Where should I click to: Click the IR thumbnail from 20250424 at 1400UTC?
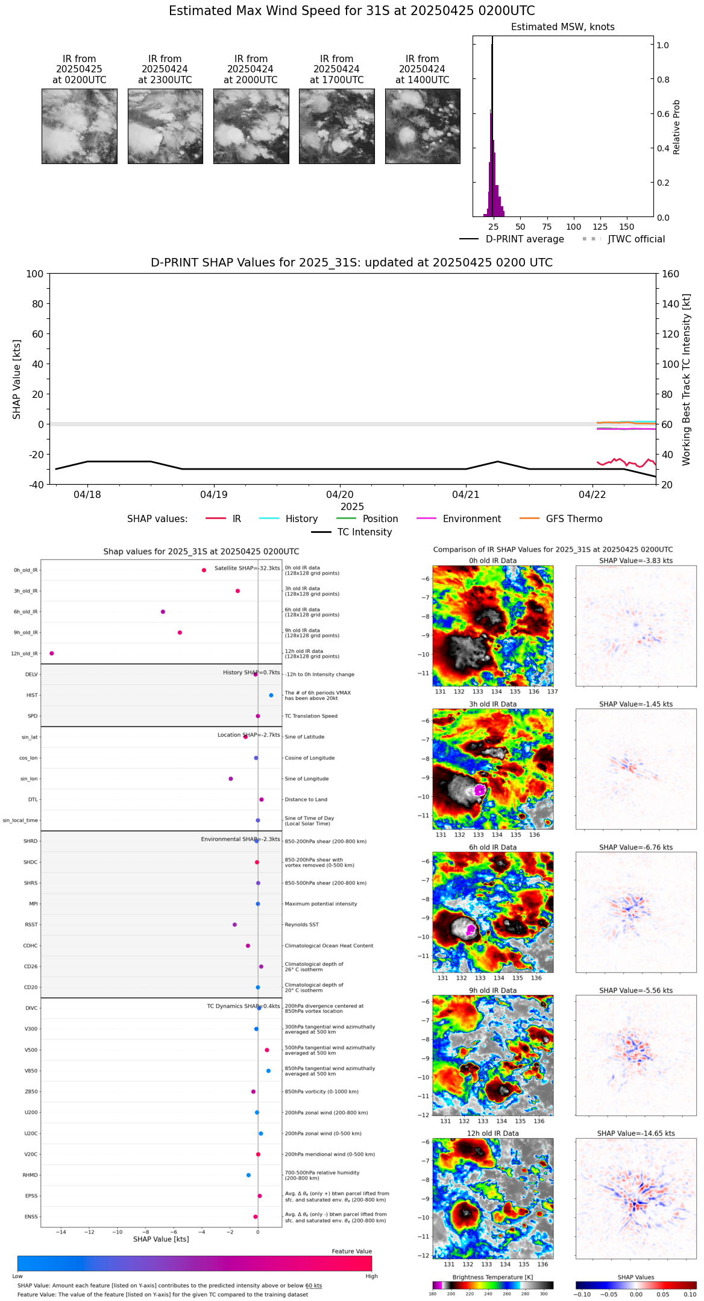(x=423, y=126)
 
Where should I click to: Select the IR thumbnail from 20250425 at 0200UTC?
(x=79, y=126)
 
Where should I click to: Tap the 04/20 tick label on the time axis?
(x=339, y=495)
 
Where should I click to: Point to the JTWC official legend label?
(x=636, y=239)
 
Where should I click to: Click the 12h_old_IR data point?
(x=52, y=654)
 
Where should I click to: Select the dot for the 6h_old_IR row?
(x=163, y=612)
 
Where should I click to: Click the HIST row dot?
(x=271, y=696)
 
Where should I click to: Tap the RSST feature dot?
(x=234, y=925)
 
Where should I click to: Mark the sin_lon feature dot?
(x=231, y=779)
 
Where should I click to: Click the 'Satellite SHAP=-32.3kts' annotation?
(x=247, y=569)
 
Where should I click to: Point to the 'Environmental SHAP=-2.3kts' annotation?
(x=240, y=839)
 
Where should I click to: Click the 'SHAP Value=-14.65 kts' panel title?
(x=636, y=1133)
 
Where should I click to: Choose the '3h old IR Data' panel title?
(x=492, y=704)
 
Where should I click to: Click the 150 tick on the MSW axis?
(x=627, y=227)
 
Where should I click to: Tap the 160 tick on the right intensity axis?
(x=670, y=274)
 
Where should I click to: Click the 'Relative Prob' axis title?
(x=677, y=127)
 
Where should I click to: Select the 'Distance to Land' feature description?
(x=306, y=800)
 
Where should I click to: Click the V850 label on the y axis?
(x=31, y=1071)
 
